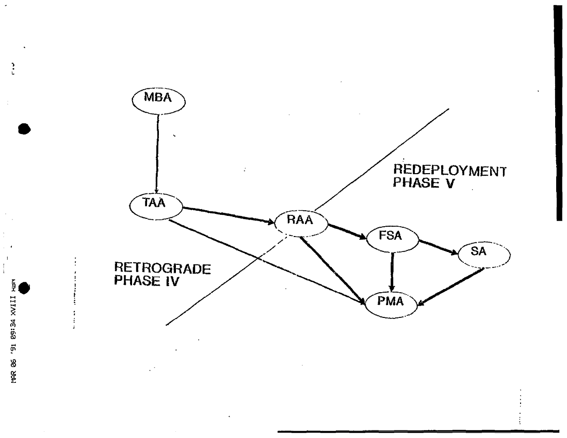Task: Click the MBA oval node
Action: pos(158,100)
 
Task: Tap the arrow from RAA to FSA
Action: pos(347,231)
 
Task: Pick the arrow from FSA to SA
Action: pos(438,247)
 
